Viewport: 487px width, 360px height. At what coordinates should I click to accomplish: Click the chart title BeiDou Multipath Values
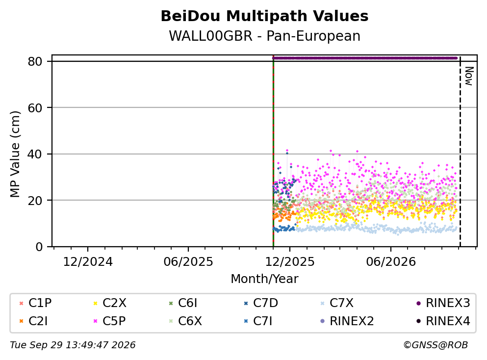pos(264,16)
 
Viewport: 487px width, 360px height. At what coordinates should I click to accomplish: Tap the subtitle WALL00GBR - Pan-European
pos(264,36)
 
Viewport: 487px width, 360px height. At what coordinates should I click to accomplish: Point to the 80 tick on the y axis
pos(35,61)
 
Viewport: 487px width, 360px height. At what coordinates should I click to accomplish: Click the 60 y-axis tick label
pos(35,108)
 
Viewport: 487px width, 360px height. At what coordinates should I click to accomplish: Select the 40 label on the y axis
pos(35,154)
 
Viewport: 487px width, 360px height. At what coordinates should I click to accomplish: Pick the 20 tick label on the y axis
pos(35,200)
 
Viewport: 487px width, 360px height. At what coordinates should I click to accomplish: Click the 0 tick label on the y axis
pos(39,247)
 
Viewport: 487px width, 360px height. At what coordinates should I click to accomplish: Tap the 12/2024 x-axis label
pos(88,262)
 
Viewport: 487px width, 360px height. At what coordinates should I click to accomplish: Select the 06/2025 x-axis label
pos(188,262)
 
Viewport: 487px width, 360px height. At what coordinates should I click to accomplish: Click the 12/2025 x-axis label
pos(290,262)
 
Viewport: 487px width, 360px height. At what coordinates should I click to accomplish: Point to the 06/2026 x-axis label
pos(391,262)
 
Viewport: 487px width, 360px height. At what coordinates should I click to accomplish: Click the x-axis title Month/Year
pos(264,279)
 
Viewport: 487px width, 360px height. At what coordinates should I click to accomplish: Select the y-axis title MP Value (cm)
pos(15,154)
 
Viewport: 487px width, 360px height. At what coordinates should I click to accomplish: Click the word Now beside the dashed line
pos(469,76)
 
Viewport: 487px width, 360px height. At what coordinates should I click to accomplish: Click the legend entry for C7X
pos(337,303)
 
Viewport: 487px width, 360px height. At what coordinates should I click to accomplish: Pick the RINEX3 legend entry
pos(443,303)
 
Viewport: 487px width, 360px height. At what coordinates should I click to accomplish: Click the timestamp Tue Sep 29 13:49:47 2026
pos(73,345)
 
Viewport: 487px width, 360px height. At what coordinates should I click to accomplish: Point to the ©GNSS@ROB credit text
pos(436,345)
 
